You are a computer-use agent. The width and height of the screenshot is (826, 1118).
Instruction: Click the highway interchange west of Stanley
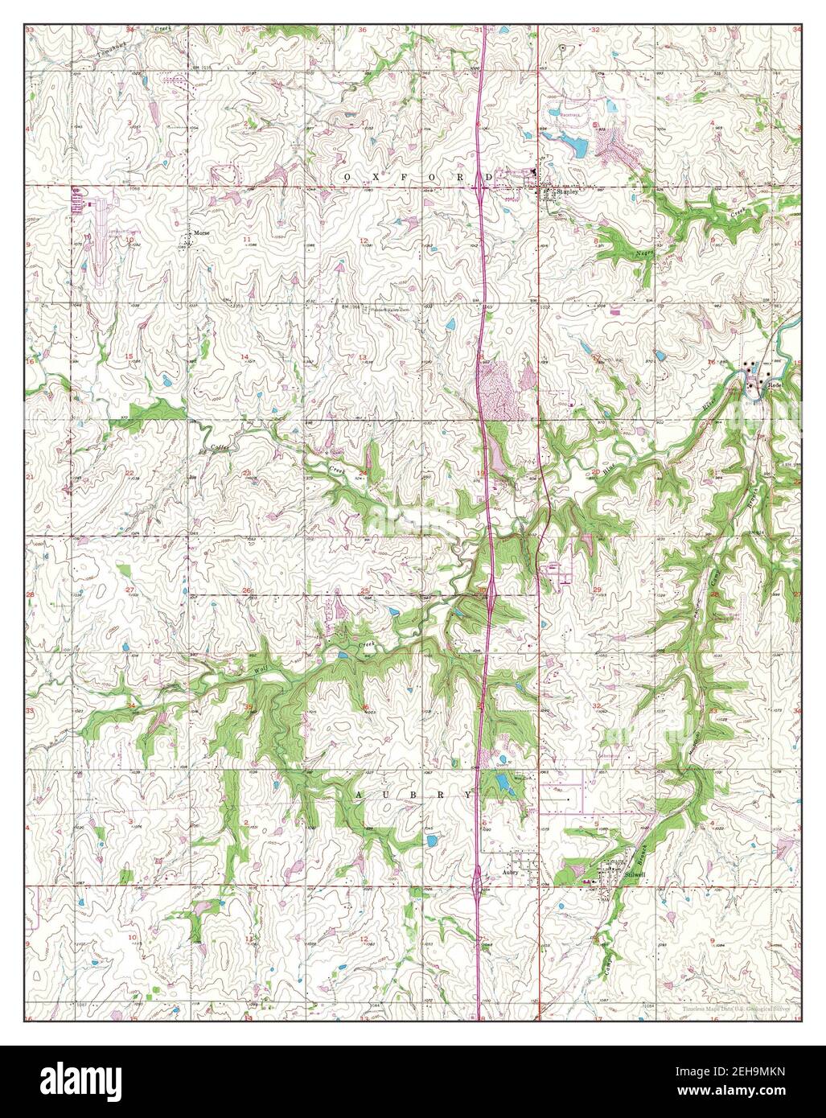(480, 191)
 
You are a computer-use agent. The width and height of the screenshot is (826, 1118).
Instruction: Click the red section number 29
(597, 590)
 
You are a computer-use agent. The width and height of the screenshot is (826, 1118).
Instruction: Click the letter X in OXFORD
(368, 175)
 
